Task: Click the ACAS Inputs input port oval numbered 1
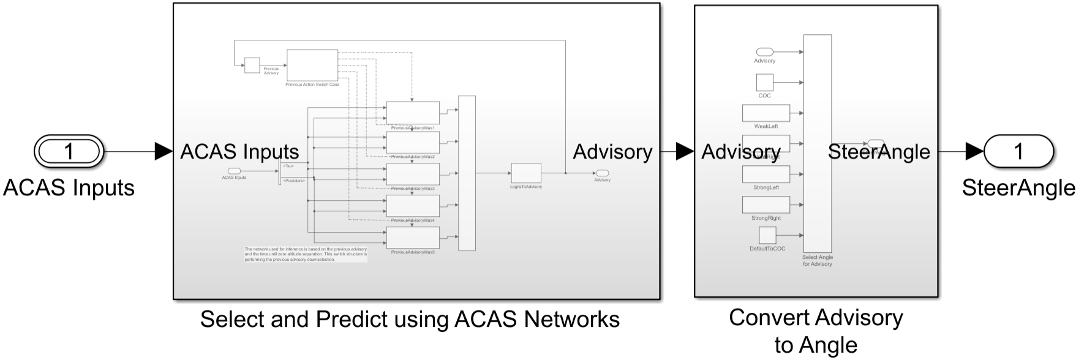click(x=69, y=151)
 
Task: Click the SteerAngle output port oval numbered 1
click(x=1018, y=151)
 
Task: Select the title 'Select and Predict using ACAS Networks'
click(x=410, y=319)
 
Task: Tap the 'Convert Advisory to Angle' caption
click(x=816, y=331)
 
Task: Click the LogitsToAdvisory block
click(x=526, y=173)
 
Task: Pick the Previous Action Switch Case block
click(x=312, y=64)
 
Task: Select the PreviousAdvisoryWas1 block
click(x=412, y=112)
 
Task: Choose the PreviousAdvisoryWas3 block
click(x=412, y=174)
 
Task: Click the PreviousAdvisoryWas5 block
click(x=412, y=238)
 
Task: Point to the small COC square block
click(x=764, y=82)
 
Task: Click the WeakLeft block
click(x=766, y=113)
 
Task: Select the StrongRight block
click(x=766, y=204)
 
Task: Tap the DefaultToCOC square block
click(x=767, y=235)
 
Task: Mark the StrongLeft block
click(x=766, y=174)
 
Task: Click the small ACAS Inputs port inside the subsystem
click(x=233, y=171)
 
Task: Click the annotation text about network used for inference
click(x=306, y=254)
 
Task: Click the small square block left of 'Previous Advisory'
click(x=252, y=65)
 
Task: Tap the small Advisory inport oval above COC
click(x=764, y=52)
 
